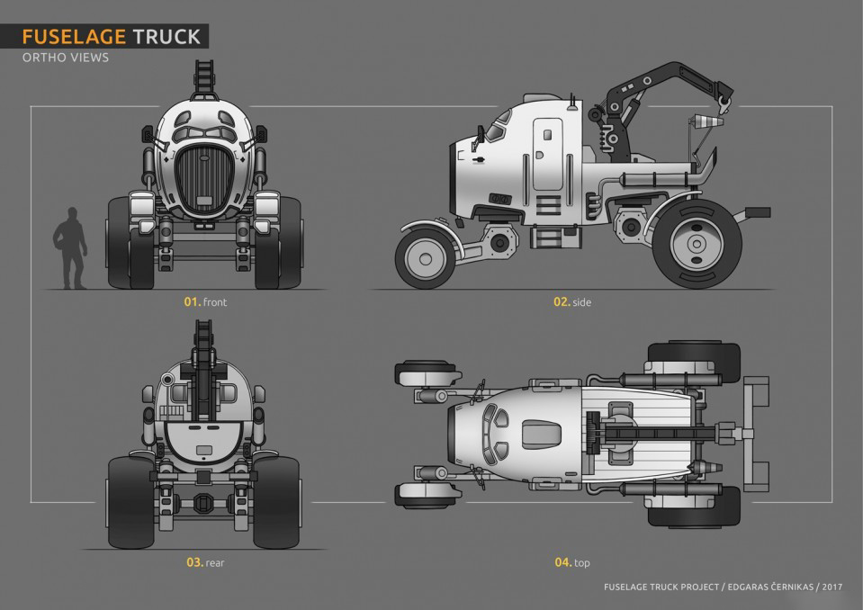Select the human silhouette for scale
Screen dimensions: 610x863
(68, 248)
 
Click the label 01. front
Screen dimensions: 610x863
(205, 302)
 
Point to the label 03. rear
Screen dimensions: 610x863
(205, 562)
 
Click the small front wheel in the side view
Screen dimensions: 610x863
(424, 256)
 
